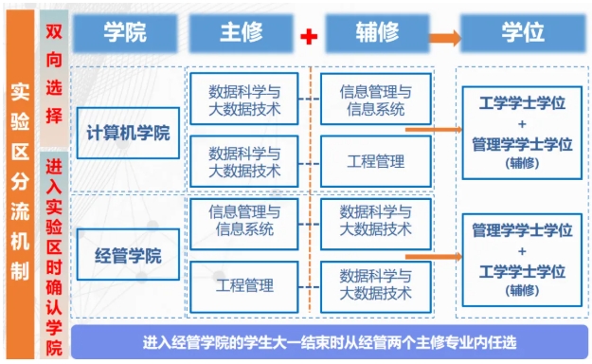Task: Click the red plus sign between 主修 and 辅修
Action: tap(308, 36)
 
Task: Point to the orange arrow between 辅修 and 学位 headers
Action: tap(444, 38)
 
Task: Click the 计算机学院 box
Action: tap(128, 133)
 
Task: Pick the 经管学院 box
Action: tap(128, 256)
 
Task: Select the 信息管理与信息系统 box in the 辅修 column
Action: tap(376, 100)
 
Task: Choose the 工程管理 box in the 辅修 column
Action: tap(376, 162)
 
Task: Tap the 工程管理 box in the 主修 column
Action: tap(244, 284)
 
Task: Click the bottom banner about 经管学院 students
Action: tap(329, 342)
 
